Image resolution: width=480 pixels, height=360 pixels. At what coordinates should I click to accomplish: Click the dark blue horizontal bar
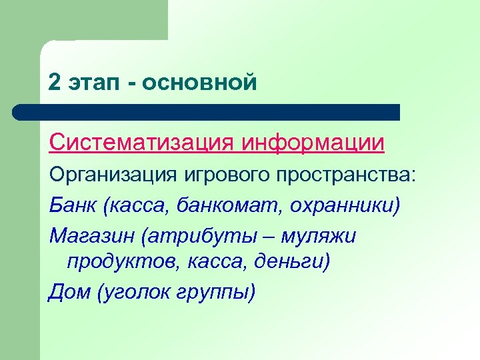click(207, 112)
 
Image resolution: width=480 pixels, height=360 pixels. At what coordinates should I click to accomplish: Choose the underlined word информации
click(313, 143)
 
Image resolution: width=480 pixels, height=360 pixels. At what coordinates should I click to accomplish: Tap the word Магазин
click(87, 235)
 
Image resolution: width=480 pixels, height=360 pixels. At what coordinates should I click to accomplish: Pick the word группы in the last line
click(216, 292)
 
